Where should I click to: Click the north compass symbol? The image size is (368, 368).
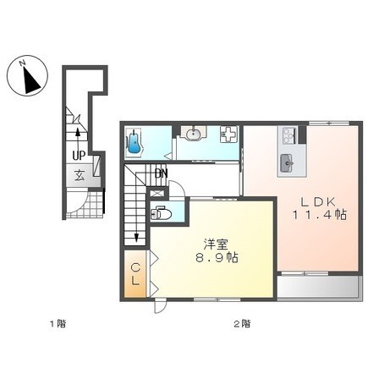click(x=27, y=76)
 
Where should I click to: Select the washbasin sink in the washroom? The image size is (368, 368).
click(x=193, y=133)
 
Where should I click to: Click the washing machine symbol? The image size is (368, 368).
click(x=228, y=135)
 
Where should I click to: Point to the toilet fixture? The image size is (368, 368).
click(x=161, y=213)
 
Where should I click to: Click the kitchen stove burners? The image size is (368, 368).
click(x=288, y=135)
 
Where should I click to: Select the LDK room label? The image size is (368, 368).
click(x=317, y=201)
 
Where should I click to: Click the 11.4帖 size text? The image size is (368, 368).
click(x=320, y=215)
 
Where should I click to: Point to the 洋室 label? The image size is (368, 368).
click(x=216, y=244)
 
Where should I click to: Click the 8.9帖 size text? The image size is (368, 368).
click(x=217, y=257)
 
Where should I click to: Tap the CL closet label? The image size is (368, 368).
click(x=135, y=274)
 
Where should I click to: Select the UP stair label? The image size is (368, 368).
click(x=79, y=156)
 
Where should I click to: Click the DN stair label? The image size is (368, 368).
click(x=162, y=173)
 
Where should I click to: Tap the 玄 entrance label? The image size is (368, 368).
click(x=80, y=176)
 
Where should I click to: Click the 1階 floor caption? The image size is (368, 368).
click(x=58, y=323)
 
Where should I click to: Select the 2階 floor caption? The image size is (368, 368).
click(x=242, y=323)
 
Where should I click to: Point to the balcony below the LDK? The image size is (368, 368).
click(x=319, y=287)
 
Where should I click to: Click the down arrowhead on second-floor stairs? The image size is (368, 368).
click(x=136, y=238)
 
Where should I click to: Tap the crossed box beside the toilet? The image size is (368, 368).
click(x=154, y=194)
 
